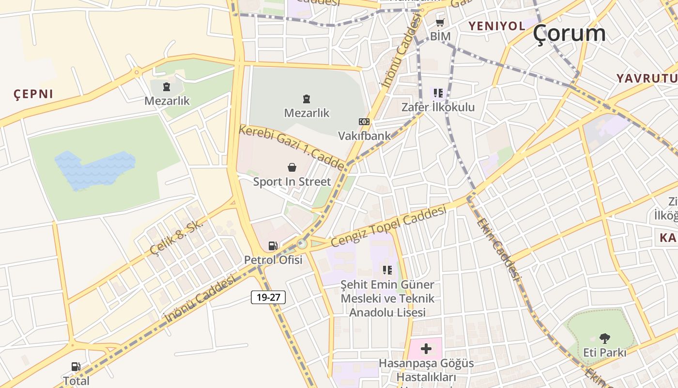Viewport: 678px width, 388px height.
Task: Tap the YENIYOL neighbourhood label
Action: click(496, 26)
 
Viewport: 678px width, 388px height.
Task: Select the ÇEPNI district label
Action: click(33, 94)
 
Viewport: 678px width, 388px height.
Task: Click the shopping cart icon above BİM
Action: click(440, 22)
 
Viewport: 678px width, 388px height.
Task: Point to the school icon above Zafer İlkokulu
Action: click(438, 93)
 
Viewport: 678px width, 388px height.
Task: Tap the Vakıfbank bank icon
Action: click(364, 122)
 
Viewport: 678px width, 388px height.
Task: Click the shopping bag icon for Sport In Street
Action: click(292, 168)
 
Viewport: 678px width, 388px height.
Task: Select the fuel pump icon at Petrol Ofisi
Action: click(273, 246)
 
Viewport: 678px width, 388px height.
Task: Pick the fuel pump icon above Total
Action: click(76, 367)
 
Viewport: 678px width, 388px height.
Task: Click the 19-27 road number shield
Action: click(268, 297)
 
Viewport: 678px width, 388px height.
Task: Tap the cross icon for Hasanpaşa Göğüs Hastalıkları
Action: click(426, 349)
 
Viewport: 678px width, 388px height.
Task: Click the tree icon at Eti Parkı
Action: click(604, 338)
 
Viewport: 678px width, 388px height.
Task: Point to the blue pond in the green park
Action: click(94, 170)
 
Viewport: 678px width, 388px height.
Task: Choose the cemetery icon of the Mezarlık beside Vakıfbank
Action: click(306, 99)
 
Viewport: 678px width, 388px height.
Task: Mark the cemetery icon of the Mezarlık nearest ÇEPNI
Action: click(167, 87)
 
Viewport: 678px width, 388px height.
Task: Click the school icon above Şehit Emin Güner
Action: click(387, 270)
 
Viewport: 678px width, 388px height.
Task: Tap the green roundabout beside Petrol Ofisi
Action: click(302, 243)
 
